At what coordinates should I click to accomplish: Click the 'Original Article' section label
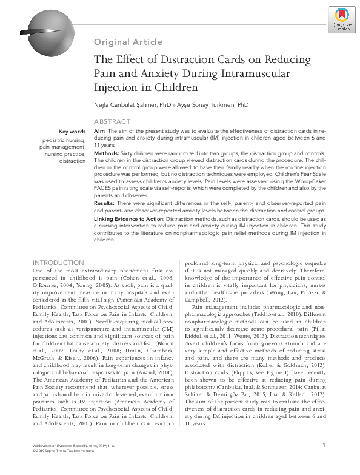pyautogui.click(x=128, y=42)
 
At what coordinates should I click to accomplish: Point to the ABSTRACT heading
pyautogui.click(x=112, y=122)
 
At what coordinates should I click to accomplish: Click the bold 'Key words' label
pyautogui.click(x=72, y=132)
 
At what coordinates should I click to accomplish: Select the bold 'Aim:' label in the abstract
pyautogui.click(x=101, y=131)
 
